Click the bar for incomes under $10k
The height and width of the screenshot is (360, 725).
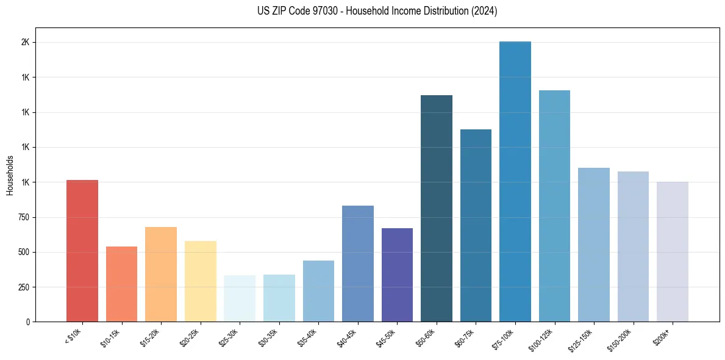click(x=82, y=251)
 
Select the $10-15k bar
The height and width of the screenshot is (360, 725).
click(x=121, y=284)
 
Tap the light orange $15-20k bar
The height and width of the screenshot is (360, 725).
click(x=161, y=274)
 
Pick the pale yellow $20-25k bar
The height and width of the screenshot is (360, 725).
click(x=201, y=281)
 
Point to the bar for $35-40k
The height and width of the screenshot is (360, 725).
click(x=318, y=291)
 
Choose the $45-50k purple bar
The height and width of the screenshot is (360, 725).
click(x=397, y=275)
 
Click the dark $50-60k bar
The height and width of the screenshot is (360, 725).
click(x=437, y=208)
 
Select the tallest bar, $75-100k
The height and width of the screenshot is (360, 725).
click(x=515, y=181)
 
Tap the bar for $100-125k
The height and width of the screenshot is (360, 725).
click(x=554, y=206)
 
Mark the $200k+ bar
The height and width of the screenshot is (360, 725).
click(x=673, y=251)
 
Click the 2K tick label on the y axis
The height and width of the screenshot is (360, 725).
click(x=26, y=43)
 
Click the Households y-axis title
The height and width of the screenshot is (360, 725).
click(x=10, y=175)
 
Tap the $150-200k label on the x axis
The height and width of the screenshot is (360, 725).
click(x=621, y=339)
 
